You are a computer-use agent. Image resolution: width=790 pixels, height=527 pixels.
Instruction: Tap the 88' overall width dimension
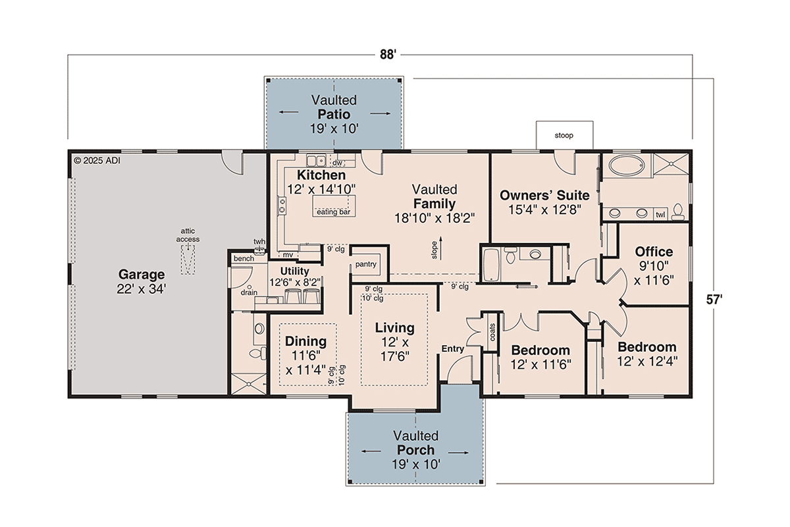tap(386, 55)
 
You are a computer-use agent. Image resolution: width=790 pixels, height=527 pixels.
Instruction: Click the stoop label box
tap(564, 136)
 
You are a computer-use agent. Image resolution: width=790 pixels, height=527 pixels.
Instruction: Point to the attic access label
tap(188, 235)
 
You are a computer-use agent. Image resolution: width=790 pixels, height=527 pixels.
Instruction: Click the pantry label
tap(365, 264)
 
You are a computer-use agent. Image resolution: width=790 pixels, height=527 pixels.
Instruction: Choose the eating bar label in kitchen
tap(333, 212)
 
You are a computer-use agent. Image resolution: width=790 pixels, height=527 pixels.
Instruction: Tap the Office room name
tap(654, 252)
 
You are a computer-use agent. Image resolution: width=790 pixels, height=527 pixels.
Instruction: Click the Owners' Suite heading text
tap(544, 195)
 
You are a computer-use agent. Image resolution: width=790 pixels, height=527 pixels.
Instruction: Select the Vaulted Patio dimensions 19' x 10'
tap(334, 128)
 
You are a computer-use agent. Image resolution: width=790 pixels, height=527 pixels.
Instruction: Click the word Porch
tap(415, 450)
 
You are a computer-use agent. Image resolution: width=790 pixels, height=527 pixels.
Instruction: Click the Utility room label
tap(294, 271)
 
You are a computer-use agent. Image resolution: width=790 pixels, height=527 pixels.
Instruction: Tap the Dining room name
tap(305, 341)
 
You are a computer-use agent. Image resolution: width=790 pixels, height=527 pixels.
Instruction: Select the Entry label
tap(452, 348)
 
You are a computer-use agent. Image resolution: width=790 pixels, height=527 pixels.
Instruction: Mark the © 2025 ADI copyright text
tap(97, 159)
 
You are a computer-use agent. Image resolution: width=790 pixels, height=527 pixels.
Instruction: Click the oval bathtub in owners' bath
tap(628, 165)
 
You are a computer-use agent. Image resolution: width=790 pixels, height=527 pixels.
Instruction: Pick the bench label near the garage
tap(243, 259)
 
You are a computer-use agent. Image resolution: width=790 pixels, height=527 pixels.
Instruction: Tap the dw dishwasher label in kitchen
tap(337, 162)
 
